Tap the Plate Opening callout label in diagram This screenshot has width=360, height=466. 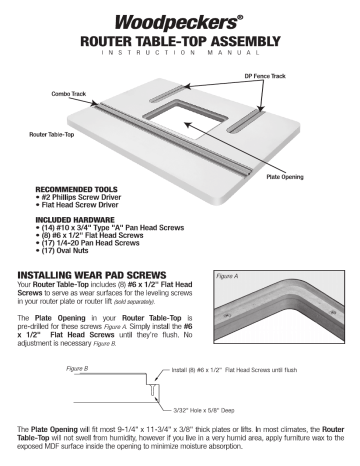click(x=286, y=175)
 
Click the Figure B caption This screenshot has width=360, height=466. click(x=79, y=369)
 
